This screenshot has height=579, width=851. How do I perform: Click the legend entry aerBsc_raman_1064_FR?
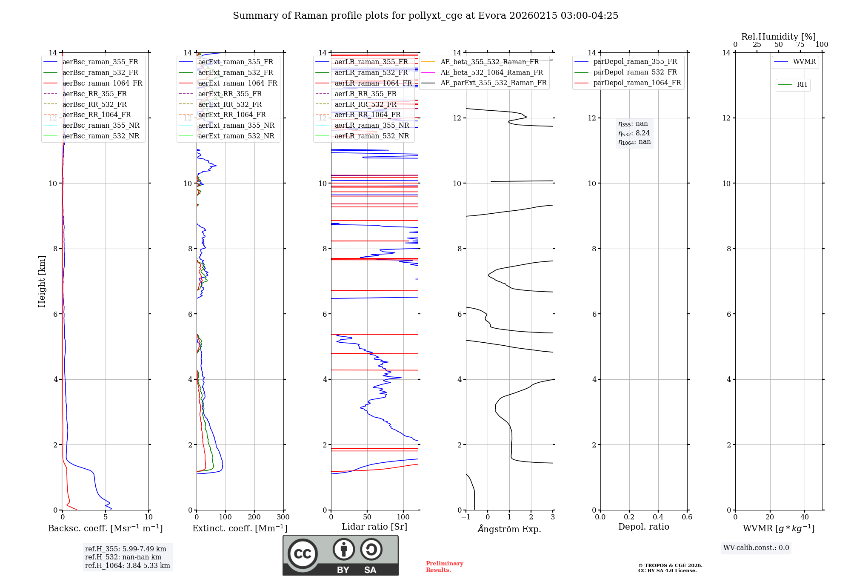tap(102, 83)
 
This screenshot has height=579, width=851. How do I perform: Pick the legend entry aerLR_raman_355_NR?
tap(371, 125)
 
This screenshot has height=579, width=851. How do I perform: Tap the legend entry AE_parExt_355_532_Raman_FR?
tap(494, 83)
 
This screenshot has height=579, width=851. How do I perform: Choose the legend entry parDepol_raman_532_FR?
tap(635, 72)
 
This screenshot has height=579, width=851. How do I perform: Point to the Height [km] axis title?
tap(42, 281)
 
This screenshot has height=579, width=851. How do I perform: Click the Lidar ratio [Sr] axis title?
tap(374, 527)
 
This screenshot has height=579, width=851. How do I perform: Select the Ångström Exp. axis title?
tap(509, 529)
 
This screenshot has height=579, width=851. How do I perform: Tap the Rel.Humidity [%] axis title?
tap(778, 37)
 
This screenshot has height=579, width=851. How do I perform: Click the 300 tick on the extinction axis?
tap(283, 517)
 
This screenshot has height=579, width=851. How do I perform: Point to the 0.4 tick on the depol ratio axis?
tap(658, 517)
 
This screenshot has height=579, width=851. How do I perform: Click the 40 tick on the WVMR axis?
tap(805, 517)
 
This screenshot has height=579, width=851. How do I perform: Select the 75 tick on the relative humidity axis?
tap(800, 45)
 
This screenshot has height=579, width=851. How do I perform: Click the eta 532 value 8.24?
tap(643, 133)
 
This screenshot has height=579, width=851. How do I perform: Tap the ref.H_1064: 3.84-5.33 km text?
tap(127, 565)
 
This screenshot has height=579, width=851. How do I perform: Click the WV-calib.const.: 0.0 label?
tap(756, 547)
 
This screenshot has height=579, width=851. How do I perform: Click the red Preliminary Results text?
tap(444, 566)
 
